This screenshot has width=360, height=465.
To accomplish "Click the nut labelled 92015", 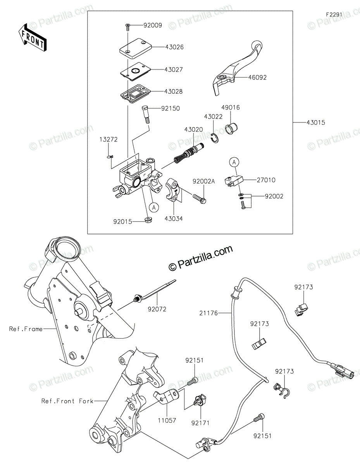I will pyautogui.click(x=148, y=221).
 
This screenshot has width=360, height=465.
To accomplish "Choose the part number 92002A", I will pyautogui.click(x=203, y=181).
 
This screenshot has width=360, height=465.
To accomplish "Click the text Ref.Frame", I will pyautogui.click(x=26, y=329).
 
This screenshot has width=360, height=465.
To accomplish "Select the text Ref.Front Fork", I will pyautogui.click(x=67, y=401).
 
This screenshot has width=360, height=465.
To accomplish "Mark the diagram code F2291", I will pyautogui.click(x=334, y=15).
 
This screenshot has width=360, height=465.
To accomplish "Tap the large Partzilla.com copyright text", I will pyautogui.click(x=201, y=258).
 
